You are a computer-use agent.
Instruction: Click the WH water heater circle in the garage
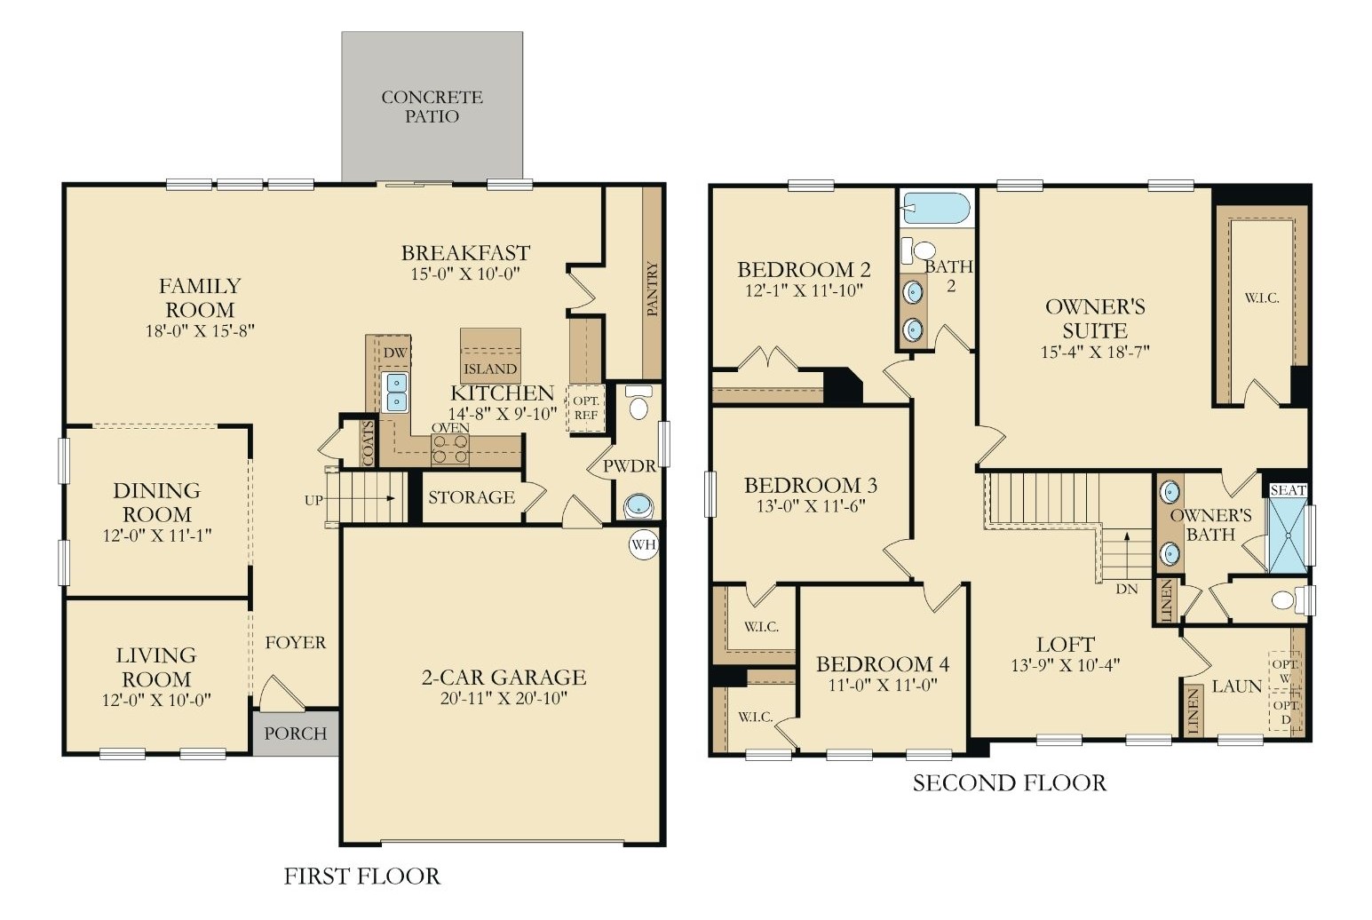(644, 544)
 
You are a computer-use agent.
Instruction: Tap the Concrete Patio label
(432, 107)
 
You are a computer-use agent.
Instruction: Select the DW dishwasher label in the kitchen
(395, 353)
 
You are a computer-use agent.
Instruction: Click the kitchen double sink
(396, 392)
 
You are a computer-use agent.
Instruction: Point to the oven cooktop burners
(449, 449)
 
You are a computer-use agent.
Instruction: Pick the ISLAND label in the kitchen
(490, 369)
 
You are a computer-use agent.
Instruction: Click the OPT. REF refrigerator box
(585, 408)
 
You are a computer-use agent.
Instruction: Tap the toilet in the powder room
(638, 401)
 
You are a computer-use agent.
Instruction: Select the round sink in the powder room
(638, 506)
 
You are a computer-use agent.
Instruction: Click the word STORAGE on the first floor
(471, 496)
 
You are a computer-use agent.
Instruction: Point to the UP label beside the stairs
(313, 501)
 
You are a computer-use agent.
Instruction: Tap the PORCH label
(295, 734)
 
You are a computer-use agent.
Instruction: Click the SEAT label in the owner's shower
(1288, 490)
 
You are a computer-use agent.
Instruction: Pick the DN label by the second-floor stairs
(1127, 589)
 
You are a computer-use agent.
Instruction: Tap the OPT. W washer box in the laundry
(1285, 670)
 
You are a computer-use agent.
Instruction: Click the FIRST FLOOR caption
(362, 876)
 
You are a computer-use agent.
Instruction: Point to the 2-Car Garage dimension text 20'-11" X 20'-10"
(504, 698)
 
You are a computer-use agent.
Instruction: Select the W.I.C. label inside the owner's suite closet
(1262, 298)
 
